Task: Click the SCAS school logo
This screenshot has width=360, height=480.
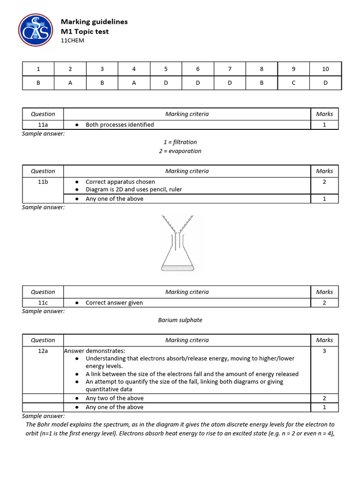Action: coord(36,30)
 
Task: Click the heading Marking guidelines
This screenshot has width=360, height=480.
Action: coord(94,22)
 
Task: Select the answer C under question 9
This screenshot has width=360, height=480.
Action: coord(293,82)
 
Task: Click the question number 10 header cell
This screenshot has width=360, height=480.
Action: coord(325,69)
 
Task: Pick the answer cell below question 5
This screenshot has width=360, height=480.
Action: coord(165,82)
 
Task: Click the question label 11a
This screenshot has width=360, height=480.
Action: coord(43,125)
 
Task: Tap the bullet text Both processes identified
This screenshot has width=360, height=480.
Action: coord(120,125)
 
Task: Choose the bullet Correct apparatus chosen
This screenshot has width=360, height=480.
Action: coord(120,182)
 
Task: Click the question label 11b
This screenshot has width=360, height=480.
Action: coord(43,182)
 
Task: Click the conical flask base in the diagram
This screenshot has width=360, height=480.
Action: coord(177,267)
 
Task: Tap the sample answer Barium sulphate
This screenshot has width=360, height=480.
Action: coord(180,320)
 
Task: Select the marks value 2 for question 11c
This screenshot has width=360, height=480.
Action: coord(324,303)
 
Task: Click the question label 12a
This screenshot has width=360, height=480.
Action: coord(43,351)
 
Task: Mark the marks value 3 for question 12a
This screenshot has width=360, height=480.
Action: coord(324,351)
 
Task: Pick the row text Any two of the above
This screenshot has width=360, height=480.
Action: coord(114,398)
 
